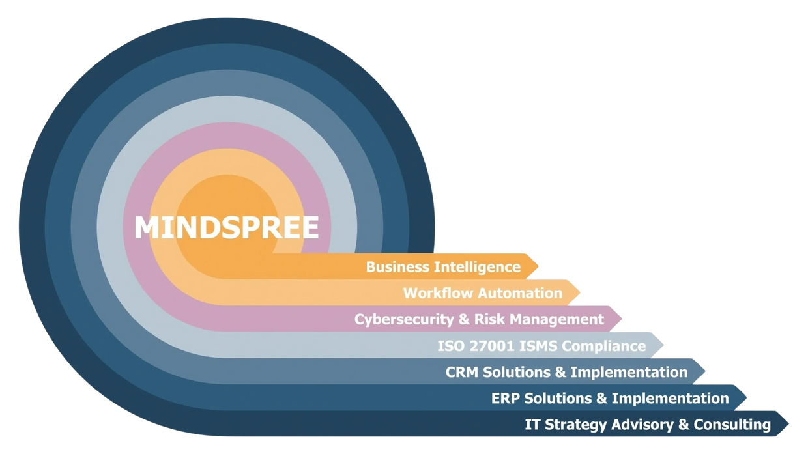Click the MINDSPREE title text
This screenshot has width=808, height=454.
click(226, 228)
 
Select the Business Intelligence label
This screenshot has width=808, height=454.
click(443, 266)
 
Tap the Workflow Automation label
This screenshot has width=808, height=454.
click(482, 293)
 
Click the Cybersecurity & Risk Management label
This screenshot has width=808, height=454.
click(479, 319)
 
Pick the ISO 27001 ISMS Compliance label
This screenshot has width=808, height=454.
click(541, 346)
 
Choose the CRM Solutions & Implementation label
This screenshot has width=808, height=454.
click(566, 372)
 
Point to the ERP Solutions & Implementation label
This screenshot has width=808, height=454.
click(610, 398)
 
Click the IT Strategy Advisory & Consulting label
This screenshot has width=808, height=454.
click(648, 425)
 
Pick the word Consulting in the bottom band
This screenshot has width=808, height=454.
click(732, 425)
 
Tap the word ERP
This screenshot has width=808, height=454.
click(505, 398)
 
